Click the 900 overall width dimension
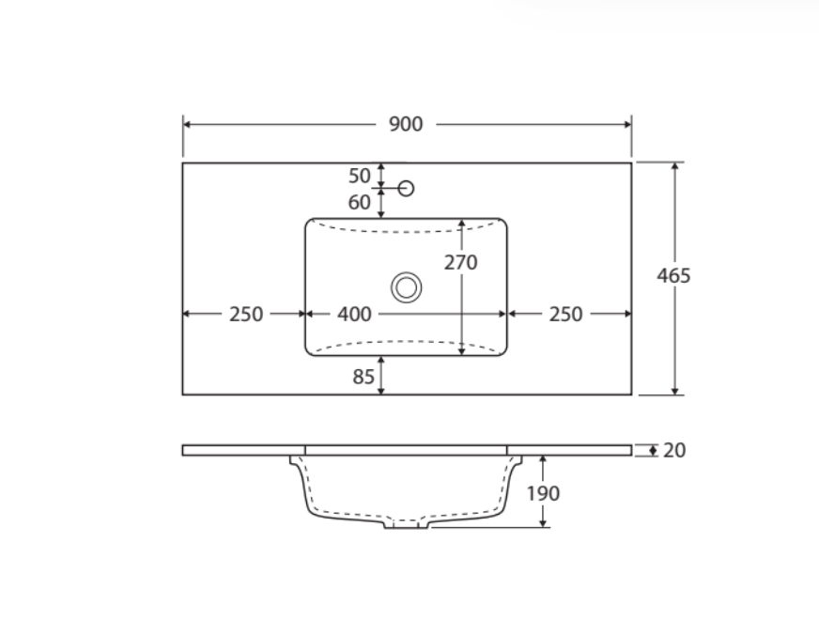click(x=406, y=124)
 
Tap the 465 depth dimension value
click(x=673, y=276)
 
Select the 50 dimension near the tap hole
click(x=360, y=176)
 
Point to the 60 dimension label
click(x=360, y=202)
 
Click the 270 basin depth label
click(x=460, y=262)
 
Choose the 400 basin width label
click(x=354, y=315)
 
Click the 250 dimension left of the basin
click(x=246, y=315)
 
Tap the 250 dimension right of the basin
click(x=565, y=315)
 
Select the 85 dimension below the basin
click(x=363, y=377)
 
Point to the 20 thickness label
click(x=674, y=450)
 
